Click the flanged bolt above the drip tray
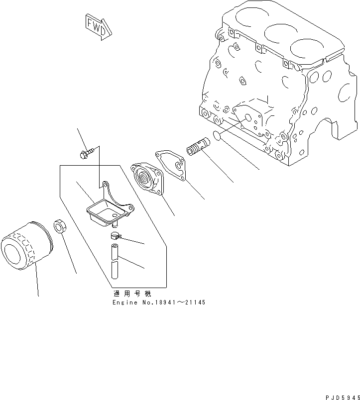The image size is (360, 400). pos(86,153)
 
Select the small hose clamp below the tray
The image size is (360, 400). pos(116,237)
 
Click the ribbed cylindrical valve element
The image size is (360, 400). pos(198,147)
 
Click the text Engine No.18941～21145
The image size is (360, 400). pos(158,302)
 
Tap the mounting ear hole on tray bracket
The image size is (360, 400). pos(105,185)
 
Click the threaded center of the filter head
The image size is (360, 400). pos(146,178)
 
